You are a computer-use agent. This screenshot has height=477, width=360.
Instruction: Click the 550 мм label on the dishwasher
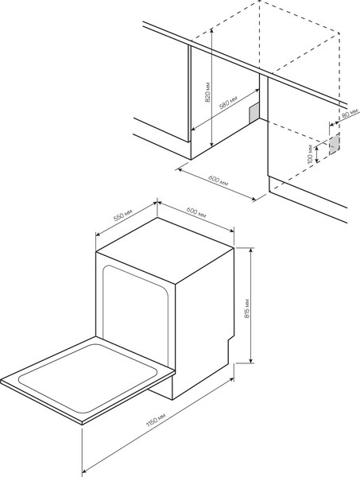click(123, 215)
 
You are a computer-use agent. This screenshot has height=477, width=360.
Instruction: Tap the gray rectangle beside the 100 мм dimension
click(335, 143)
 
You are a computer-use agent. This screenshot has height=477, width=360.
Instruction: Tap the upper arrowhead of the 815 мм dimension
click(251, 250)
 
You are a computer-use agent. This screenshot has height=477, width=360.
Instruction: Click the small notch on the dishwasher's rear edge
click(233, 341)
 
